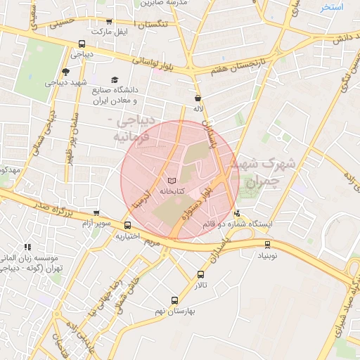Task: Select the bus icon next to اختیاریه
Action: tap(127, 226)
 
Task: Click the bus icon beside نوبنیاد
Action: tap(267, 245)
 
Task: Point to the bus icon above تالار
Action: tap(202, 275)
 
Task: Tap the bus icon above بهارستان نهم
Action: tap(175, 300)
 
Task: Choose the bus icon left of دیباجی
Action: tap(82, 44)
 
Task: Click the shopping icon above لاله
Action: tap(198, 98)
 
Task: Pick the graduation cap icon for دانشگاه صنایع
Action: tap(115, 81)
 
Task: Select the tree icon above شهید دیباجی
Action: tap(65, 71)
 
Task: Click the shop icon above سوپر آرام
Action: tap(96, 213)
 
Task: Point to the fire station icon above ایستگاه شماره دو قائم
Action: tap(237, 213)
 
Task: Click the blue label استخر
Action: tap(331, 8)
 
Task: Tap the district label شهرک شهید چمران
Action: tap(266, 171)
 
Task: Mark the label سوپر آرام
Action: tap(96, 223)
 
